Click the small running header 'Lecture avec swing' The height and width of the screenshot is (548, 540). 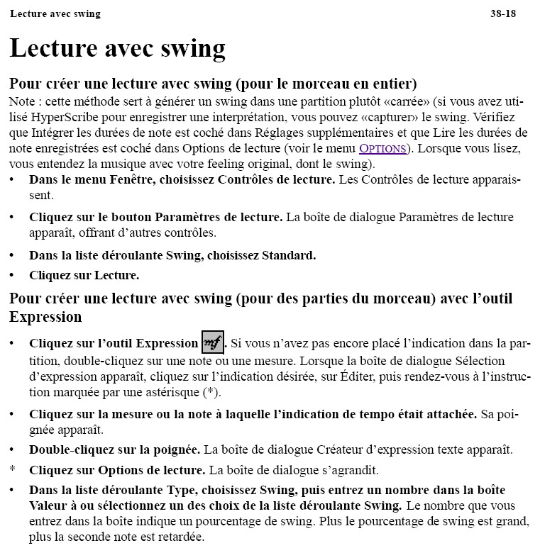pos(55,13)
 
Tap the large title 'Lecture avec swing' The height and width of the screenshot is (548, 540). pos(118,48)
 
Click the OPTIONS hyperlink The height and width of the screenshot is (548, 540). pos(382,149)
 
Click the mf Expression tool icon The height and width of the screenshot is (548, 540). pos(213,342)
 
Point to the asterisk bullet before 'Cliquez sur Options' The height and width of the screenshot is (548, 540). pos(12,470)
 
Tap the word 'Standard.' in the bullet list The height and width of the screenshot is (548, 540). pos(290,255)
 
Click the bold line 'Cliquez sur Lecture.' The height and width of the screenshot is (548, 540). pos(84,275)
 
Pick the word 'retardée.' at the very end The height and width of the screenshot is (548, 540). pos(180,537)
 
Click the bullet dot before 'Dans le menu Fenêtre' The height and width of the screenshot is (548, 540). pos(12,179)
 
